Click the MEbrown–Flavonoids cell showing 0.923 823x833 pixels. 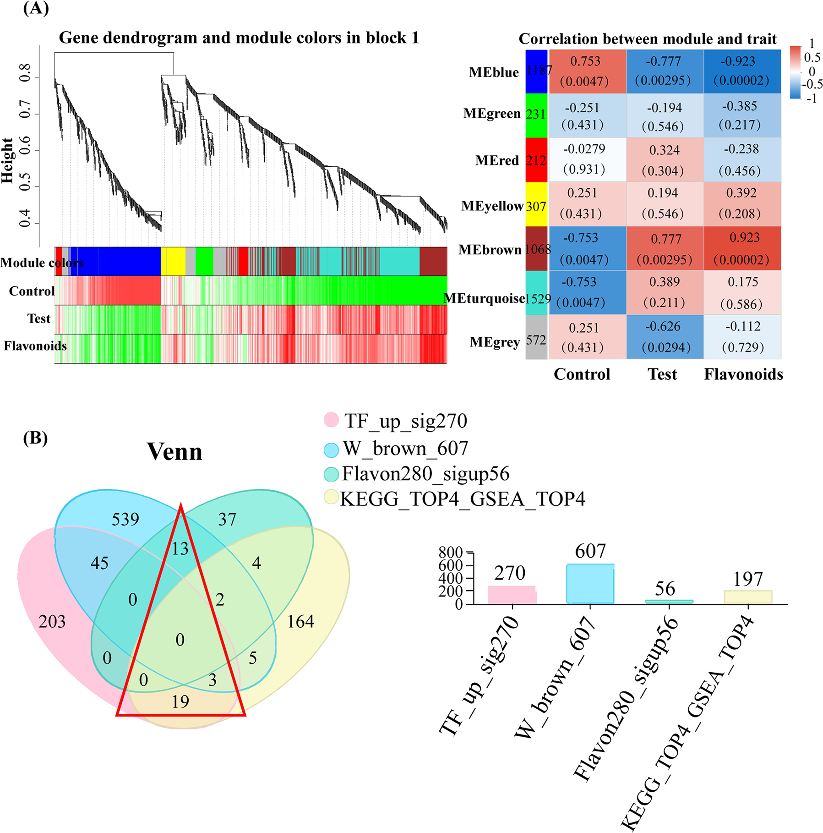742,248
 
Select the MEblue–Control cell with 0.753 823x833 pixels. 587,71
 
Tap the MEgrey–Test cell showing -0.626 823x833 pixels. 665,336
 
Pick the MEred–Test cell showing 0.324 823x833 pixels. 665,159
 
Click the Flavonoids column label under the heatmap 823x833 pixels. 743,374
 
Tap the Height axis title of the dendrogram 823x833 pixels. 8,160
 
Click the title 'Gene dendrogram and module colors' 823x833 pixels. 239,38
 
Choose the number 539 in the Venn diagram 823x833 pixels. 125,519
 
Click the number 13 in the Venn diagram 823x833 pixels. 180,548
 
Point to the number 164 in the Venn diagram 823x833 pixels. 300,622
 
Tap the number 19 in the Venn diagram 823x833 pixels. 180,701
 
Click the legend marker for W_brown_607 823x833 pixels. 331,449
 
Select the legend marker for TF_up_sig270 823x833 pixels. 331,420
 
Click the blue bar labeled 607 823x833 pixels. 590,584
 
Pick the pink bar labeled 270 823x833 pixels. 512,595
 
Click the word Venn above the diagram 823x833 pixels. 174,452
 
